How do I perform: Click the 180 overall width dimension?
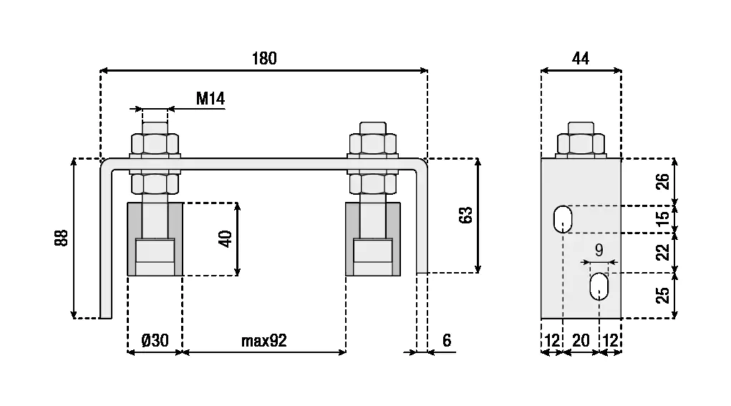[263, 59]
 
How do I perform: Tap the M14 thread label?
[210, 98]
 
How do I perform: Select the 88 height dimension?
[62, 238]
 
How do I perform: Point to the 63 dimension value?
[465, 216]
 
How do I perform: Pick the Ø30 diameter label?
[155, 340]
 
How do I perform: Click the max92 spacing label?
[263, 340]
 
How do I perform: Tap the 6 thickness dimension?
[447, 340]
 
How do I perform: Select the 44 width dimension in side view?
[581, 59]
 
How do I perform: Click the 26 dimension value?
[663, 182]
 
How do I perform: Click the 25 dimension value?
[663, 294]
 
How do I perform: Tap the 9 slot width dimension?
[599, 250]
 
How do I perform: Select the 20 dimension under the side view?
[581, 340]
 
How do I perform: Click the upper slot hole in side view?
[563, 219]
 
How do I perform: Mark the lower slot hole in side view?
[599, 286]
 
